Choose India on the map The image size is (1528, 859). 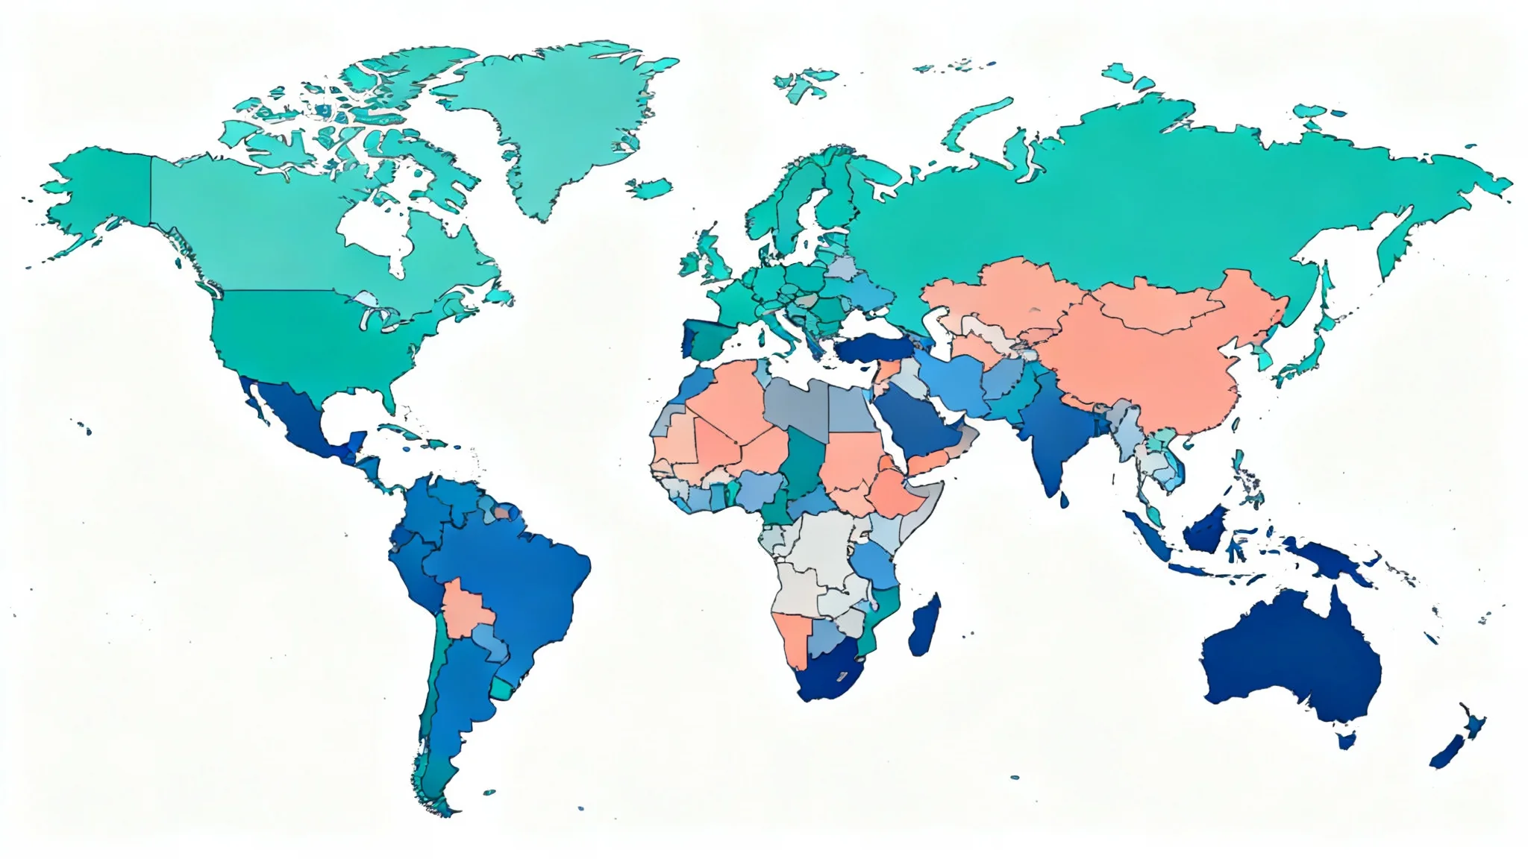click(1052, 432)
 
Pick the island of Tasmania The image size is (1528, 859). click(1347, 740)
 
